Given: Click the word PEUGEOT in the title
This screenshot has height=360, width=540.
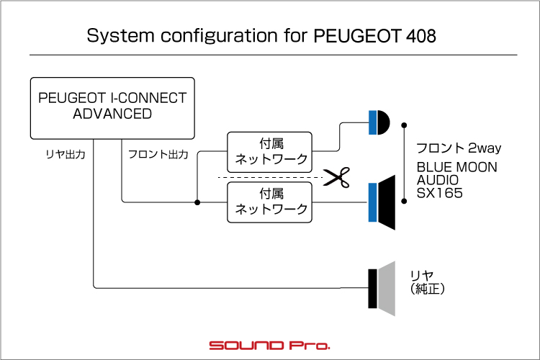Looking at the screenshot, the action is [357, 35].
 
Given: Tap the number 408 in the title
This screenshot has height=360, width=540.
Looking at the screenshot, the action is [421, 35].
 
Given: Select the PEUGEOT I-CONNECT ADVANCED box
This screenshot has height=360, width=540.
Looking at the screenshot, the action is [112, 108].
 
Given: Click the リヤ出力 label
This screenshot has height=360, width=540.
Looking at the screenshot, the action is [66, 154].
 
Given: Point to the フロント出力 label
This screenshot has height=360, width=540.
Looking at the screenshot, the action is [158, 154].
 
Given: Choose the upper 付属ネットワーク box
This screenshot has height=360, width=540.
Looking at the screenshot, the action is [270, 152].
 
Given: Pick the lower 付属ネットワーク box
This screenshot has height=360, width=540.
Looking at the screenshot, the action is [270, 202].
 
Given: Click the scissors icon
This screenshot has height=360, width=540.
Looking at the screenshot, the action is [336, 177].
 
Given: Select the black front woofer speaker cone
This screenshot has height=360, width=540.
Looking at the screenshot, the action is [387, 202].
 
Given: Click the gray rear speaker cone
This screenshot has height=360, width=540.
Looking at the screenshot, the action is [387, 289].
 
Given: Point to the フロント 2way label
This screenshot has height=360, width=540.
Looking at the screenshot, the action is [459, 148].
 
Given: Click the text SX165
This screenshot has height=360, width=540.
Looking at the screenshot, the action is [439, 193].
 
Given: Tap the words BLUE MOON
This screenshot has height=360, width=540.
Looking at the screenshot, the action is [457, 168].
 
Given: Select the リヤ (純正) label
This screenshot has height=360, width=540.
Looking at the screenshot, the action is [427, 282].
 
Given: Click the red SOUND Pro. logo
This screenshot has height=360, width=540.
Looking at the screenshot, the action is [270, 345].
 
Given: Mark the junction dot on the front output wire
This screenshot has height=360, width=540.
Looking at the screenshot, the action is [197, 202].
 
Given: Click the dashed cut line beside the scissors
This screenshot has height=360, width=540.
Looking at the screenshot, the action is [270, 177].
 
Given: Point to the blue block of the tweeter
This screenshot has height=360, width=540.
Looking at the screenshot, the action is [373, 122].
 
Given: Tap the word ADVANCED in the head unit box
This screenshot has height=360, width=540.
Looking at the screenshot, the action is [112, 114].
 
